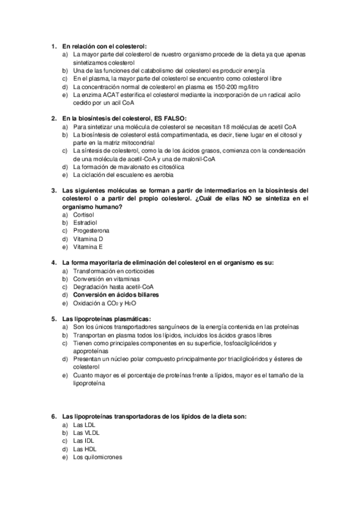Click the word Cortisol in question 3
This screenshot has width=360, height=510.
tap(84, 214)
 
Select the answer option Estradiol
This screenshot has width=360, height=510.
tap(85, 223)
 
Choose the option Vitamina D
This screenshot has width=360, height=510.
tap(88, 239)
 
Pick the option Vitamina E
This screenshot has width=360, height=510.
tap(88, 247)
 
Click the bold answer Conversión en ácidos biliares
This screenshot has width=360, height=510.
tap(116, 296)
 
